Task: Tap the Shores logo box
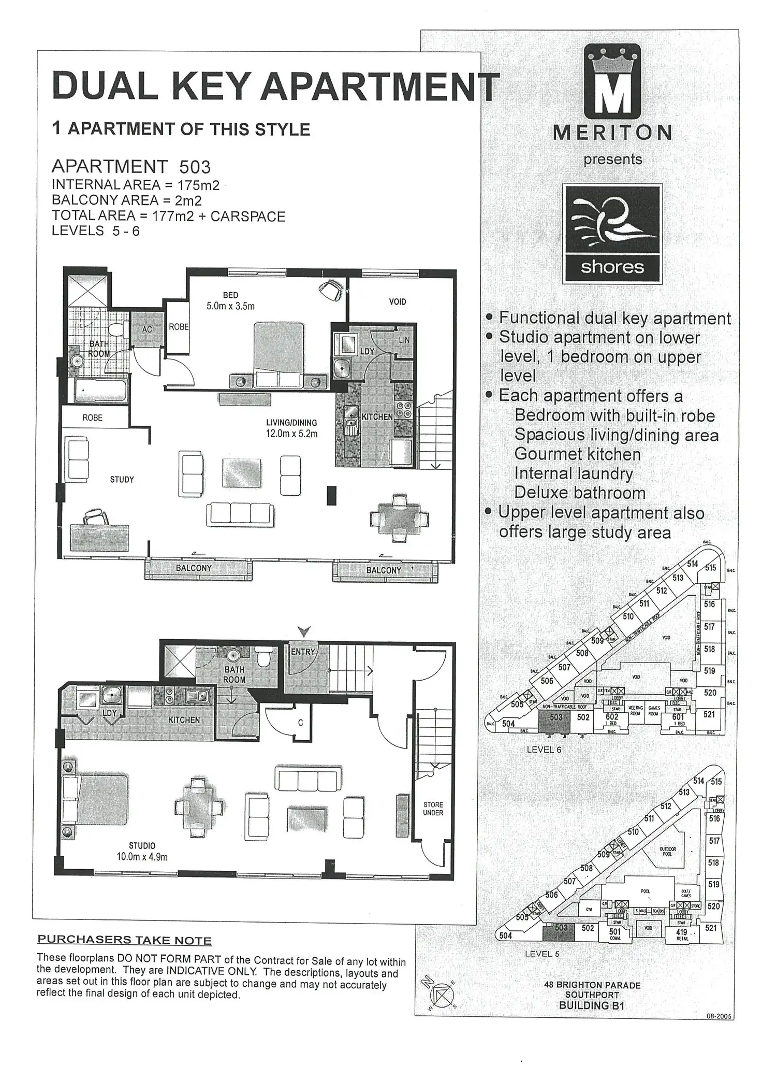click(612, 234)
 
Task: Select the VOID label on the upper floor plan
click(398, 301)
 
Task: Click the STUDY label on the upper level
click(122, 480)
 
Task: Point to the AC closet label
click(147, 329)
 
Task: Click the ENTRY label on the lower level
click(303, 652)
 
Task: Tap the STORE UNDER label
click(433, 809)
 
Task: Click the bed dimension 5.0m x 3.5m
click(230, 306)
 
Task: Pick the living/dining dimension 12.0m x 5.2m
click(291, 434)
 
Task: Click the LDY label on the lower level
click(110, 713)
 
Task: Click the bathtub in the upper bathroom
click(100, 391)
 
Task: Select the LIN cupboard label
click(404, 340)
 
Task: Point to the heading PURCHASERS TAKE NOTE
click(125, 940)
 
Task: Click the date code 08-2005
click(719, 1016)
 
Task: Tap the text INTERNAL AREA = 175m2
click(136, 185)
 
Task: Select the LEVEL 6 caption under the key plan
click(544, 750)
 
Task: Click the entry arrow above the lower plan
click(304, 631)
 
